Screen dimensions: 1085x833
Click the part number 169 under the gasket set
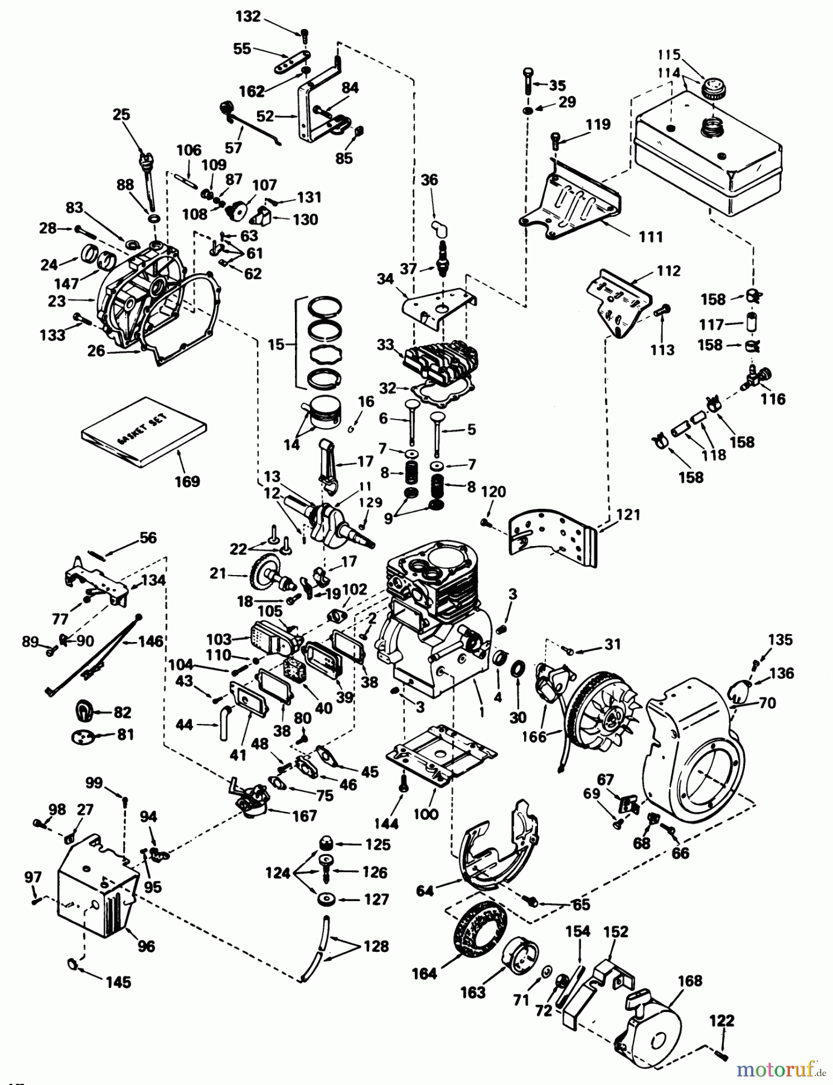click(187, 482)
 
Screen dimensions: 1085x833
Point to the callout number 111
click(651, 237)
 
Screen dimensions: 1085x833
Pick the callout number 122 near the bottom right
click(722, 1021)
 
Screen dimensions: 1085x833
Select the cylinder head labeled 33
click(435, 362)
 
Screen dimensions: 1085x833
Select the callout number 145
click(118, 982)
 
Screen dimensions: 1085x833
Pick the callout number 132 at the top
click(248, 16)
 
